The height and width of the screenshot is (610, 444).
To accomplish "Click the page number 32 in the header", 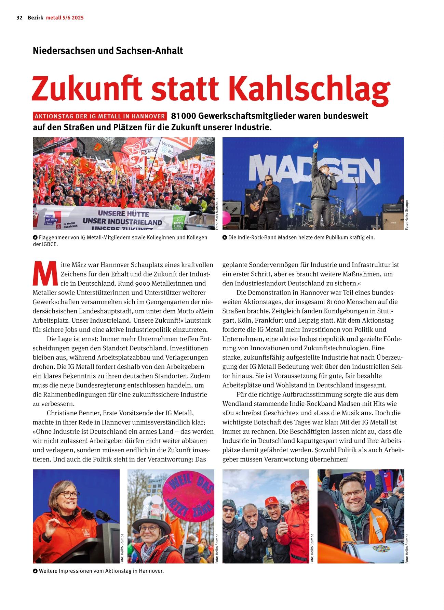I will [19, 18].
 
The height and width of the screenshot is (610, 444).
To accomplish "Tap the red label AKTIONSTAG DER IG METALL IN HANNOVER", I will [100, 116].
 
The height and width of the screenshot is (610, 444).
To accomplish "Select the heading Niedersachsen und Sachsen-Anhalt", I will [108, 51].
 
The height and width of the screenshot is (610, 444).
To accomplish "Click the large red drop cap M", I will [45, 274].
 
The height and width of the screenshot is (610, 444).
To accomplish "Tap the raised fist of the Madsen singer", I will [317, 144].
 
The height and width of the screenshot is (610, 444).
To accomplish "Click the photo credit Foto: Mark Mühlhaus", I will [217, 213].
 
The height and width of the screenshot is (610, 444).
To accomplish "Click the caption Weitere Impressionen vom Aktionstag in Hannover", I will [101, 571].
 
